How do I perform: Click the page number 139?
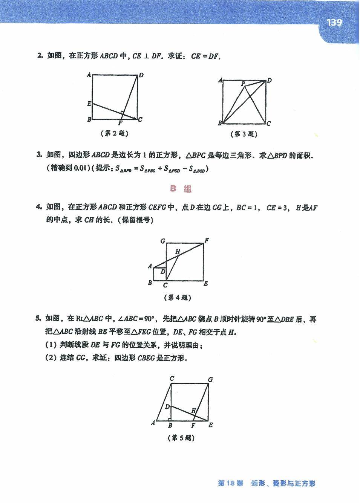[334, 23]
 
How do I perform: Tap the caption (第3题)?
[244, 134]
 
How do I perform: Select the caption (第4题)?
[178, 298]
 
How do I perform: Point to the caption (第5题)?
[181, 438]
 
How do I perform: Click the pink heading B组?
[181, 189]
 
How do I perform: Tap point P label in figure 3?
[243, 84]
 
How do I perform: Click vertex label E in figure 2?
[89, 104]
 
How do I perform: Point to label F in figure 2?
[120, 123]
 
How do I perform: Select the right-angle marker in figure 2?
[122, 113]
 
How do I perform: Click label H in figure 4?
[178, 251]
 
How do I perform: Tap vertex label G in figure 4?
[162, 241]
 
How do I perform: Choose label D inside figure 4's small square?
[163, 271]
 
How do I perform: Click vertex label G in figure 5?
[210, 380]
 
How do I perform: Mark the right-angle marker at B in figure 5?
[170, 419]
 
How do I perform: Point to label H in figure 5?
[194, 411]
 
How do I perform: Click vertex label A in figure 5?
[153, 423]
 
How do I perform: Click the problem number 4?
[38, 207]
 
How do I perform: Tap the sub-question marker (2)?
[51, 358]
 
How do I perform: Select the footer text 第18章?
[230, 483]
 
